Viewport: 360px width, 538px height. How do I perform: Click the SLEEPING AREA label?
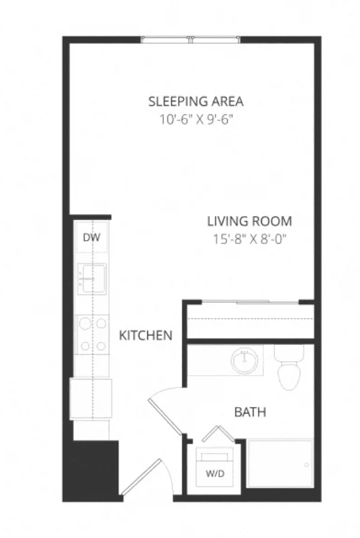point(196,101)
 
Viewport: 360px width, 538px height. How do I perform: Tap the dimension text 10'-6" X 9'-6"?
point(196,120)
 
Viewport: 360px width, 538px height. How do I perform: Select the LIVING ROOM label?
point(249,221)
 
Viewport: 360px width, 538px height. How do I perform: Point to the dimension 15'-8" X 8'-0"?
point(249,239)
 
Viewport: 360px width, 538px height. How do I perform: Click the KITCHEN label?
point(145,335)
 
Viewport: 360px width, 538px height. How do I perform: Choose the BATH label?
point(250,412)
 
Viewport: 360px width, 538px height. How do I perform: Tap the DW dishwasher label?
point(92,237)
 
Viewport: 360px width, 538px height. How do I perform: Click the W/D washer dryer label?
point(215,474)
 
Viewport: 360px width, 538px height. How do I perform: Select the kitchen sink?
point(92,279)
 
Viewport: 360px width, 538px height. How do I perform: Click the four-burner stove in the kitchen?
point(92,334)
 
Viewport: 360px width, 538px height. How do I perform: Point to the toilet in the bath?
point(289,367)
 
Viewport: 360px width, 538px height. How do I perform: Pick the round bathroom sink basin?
point(244,360)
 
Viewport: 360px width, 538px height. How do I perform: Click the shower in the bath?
point(280,463)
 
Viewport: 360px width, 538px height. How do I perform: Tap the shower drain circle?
point(306,465)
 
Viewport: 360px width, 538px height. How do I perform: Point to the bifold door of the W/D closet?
point(218,434)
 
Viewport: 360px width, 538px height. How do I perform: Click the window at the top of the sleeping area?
point(191,39)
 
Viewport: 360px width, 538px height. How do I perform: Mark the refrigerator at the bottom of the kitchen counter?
point(91,399)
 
